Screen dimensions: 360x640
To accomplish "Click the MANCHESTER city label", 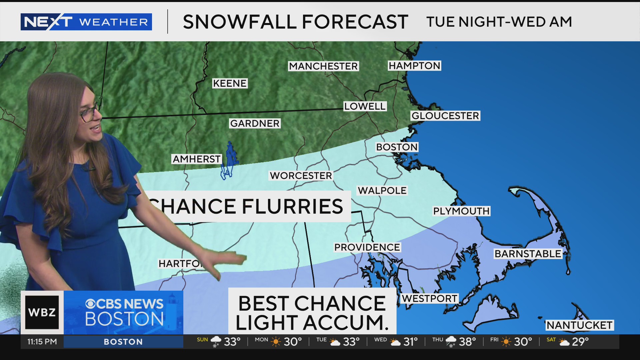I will pos(323,66).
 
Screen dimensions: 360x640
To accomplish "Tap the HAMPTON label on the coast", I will pos(414,66).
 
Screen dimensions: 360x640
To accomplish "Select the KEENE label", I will pos(230,83).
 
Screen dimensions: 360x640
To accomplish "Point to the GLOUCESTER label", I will pos(445,116).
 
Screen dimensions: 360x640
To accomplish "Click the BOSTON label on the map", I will pos(397,147).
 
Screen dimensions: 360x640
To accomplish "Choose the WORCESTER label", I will pos(301,176).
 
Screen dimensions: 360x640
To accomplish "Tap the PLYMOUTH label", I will pos(461,211).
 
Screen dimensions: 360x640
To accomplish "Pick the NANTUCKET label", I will pos(579,325).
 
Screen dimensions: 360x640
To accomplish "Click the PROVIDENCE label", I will pos(367,247).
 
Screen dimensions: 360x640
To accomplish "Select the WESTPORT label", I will pos(429,298).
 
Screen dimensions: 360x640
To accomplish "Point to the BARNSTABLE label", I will pos(528,254).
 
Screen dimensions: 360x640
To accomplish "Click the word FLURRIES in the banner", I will pos(292,206).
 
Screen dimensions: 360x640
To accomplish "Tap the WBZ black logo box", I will pos(42,312).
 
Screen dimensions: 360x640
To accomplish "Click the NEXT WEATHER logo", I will pos(86,22).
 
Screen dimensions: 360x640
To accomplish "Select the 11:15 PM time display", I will pos(42,342).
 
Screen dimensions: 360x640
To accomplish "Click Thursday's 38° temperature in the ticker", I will pos(467,342).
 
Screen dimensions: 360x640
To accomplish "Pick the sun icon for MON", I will pos(276,342).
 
